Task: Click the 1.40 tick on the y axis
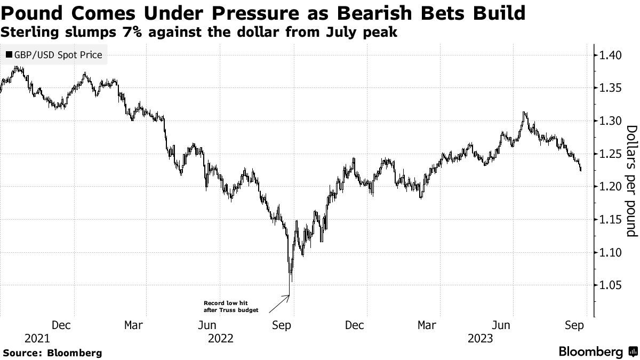tap(609, 55)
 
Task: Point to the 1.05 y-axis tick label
tap(609, 285)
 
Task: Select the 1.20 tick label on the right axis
tap(609, 187)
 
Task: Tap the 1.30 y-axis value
tap(609, 121)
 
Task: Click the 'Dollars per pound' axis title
tap(631, 181)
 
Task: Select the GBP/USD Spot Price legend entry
tap(53, 55)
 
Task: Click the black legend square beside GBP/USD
tap(9, 55)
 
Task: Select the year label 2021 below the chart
tap(37, 338)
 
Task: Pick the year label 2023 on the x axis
tap(480, 338)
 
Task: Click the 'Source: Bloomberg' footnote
tap(52, 353)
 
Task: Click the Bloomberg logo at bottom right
tap(597, 352)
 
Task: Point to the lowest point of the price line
tap(290, 282)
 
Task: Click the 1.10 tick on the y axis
tap(609, 252)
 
